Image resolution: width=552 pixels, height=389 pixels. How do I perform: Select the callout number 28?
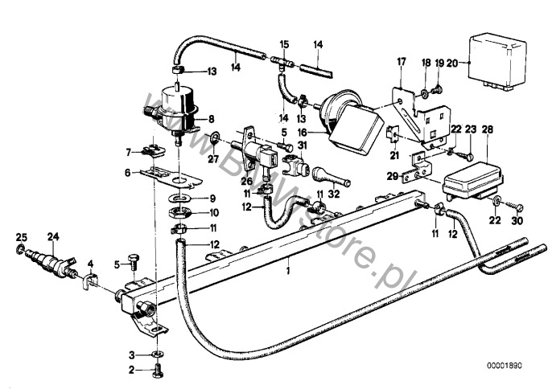pyautogui.click(x=488, y=129)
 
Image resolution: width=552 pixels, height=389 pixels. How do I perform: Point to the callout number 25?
pyautogui.click(x=20, y=235)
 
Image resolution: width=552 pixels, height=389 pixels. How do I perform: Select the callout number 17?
pyautogui.click(x=401, y=63)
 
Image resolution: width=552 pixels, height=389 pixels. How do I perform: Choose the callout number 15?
pyautogui.click(x=282, y=43)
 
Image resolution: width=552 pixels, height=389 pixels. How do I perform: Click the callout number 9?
pyautogui.click(x=213, y=199)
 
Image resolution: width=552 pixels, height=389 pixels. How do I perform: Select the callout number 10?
pyautogui.click(x=213, y=213)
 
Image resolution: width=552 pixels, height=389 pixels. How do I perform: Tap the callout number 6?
pyautogui.click(x=127, y=171)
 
